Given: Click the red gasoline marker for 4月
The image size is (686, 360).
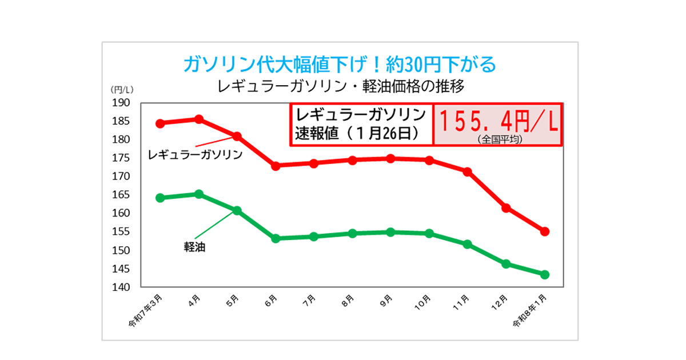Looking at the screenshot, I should coord(199,119).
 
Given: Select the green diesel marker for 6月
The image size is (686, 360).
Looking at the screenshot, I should coord(276,238).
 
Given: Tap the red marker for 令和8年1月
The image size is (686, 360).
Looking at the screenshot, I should coord(545,231).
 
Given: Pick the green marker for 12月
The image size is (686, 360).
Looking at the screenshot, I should coord(506,264).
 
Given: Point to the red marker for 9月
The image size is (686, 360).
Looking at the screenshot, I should coord(390,158).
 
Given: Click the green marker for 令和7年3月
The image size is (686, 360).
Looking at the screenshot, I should coord(161,198).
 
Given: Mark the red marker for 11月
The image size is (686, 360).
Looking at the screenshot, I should coord(467,171).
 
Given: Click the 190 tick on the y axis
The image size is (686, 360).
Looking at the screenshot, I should coord(121,103).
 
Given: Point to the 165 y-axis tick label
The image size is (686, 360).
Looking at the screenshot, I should coord(121,195).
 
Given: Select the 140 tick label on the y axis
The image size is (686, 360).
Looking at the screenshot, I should coord(121,287).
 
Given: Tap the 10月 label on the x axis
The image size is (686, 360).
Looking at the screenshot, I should coord(423,302).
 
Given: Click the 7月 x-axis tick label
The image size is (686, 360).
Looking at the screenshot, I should coord(310,300).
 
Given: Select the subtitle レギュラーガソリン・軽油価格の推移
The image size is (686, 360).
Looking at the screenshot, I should coord(340,87).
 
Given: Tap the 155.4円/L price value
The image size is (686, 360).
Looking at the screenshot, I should coord(498,121).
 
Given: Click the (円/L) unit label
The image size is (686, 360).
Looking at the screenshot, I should coord(121,90).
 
